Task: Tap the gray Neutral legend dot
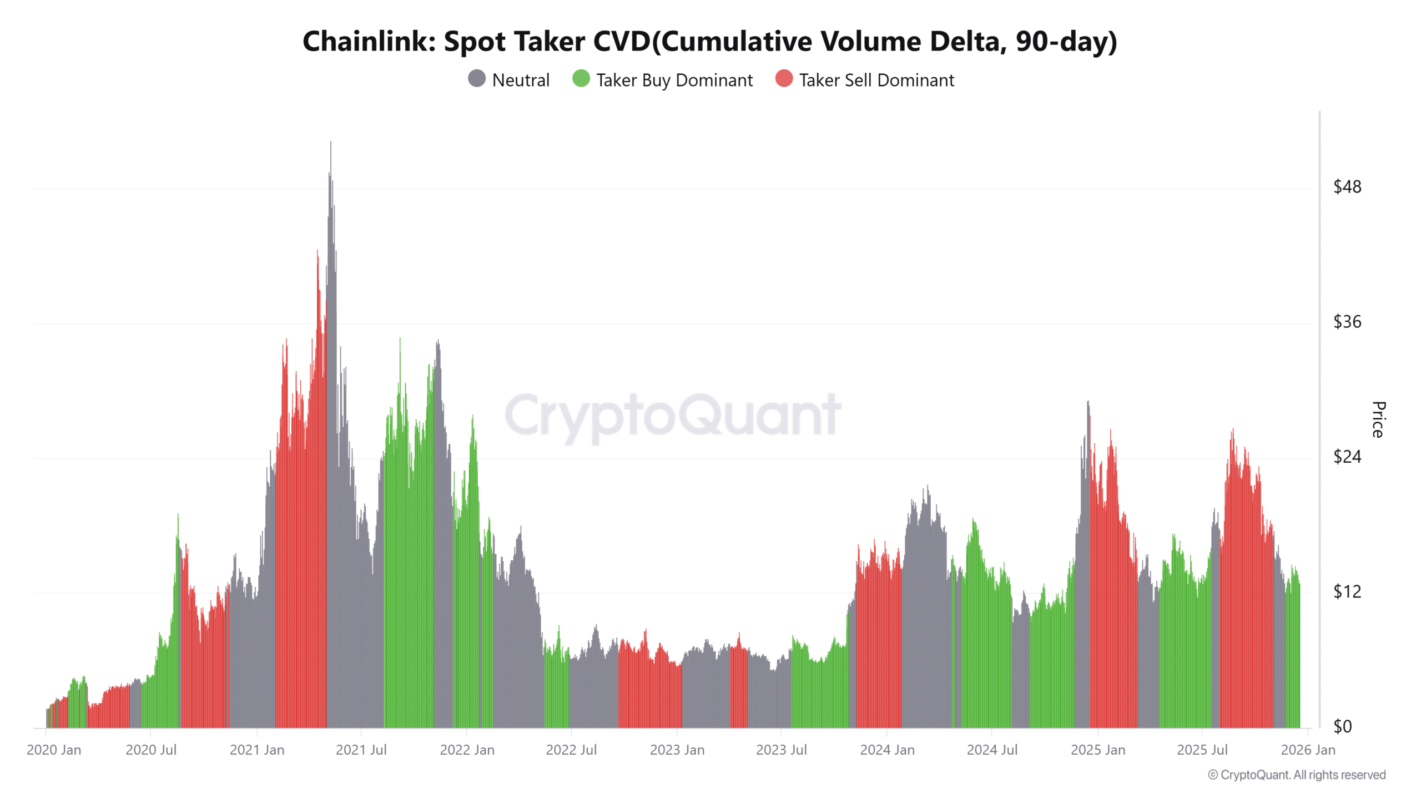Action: click(477, 79)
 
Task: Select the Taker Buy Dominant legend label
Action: click(674, 80)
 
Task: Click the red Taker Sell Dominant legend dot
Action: click(784, 79)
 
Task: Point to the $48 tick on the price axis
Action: click(1347, 187)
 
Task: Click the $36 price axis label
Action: click(1347, 322)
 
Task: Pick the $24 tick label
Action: click(1347, 457)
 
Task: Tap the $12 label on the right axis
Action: click(1347, 591)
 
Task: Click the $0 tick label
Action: click(1343, 726)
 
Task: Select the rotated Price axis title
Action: click(1378, 419)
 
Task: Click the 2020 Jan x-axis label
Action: click(54, 750)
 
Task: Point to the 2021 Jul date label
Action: click(361, 750)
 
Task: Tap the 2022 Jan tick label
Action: click(467, 750)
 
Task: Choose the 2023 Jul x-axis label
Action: click(781, 750)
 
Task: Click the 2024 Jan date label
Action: click(887, 750)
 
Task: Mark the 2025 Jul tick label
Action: click(1202, 750)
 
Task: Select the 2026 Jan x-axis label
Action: click(1308, 750)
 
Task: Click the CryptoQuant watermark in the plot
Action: click(673, 415)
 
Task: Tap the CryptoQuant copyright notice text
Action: click(1297, 775)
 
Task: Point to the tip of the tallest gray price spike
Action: click(331, 143)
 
